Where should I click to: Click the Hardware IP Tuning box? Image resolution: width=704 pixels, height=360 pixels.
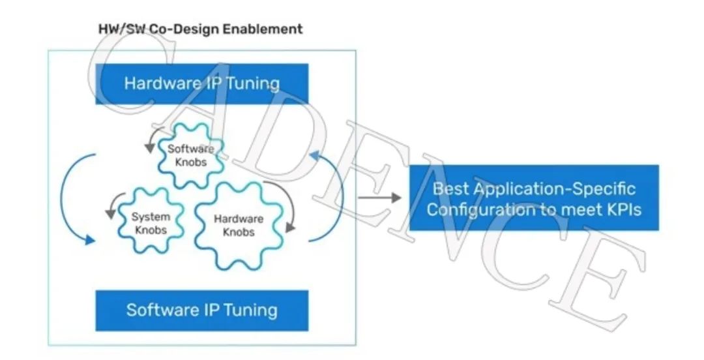point(201,83)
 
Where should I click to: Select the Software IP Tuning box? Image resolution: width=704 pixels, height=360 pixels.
point(201,309)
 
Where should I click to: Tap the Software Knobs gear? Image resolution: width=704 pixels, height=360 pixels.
point(191,155)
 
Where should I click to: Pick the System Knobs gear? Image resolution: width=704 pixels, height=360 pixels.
point(151,222)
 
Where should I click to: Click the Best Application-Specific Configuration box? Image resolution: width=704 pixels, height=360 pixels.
point(533,198)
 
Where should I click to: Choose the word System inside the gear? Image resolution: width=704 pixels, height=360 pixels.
point(151,217)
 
